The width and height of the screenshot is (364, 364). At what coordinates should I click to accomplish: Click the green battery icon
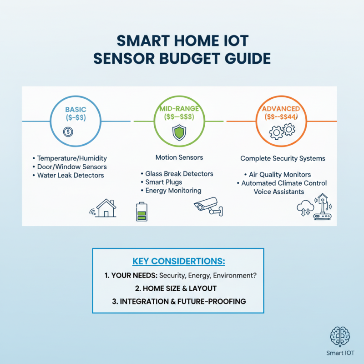(x=142, y=212)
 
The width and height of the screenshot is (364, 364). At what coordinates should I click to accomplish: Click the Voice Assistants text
(x=279, y=192)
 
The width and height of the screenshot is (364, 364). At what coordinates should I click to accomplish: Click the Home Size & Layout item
(x=178, y=288)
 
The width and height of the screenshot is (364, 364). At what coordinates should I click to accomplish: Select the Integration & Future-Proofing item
(x=178, y=301)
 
